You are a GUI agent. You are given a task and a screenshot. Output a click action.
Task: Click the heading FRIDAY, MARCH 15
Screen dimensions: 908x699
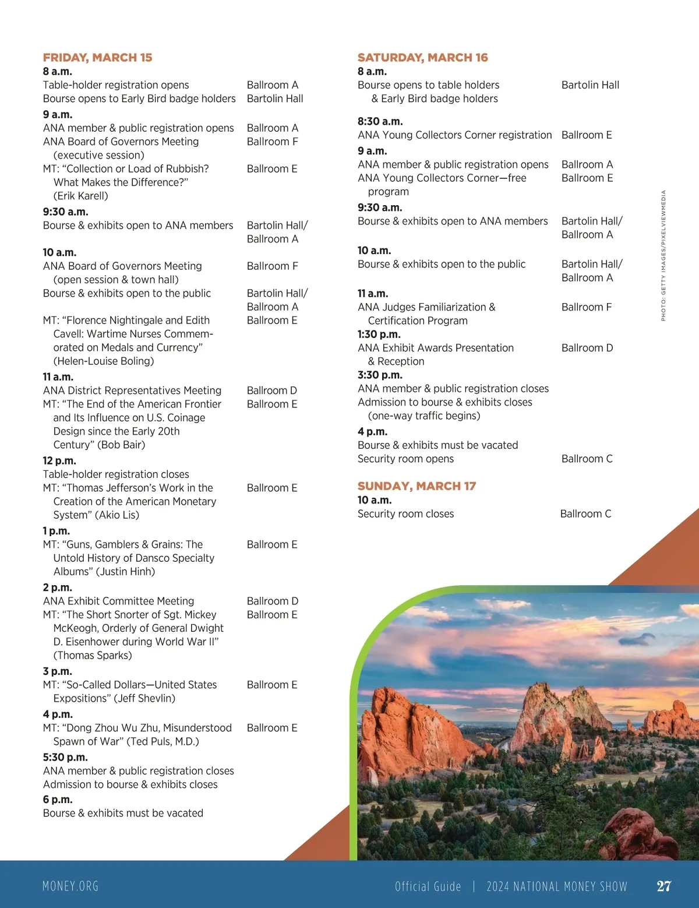pos(97,58)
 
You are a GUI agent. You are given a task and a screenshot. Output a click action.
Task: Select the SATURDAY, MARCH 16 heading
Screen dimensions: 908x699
pos(422,58)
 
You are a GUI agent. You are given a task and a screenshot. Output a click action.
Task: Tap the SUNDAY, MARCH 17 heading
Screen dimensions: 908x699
pos(416,486)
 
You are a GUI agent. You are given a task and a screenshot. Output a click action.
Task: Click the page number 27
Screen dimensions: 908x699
pos(663,886)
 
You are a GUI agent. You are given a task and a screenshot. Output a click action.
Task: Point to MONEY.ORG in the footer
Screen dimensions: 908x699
pos(70,886)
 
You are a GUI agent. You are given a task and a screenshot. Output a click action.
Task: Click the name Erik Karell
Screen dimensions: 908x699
pos(81,196)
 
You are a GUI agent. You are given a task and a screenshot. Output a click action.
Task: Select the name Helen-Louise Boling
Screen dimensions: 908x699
pos(104,361)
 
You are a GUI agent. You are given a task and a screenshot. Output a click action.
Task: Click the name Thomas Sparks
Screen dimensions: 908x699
pos(93,655)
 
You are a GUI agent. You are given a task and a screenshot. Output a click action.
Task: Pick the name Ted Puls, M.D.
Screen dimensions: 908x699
pos(163,741)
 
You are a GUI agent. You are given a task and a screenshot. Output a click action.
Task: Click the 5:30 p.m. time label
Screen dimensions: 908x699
pos(65,757)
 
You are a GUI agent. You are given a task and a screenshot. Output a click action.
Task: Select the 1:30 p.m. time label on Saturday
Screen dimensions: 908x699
pos(379,334)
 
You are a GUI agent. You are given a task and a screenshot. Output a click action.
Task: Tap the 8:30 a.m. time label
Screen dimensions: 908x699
pos(380,121)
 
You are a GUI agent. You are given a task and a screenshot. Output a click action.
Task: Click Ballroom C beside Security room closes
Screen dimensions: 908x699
pos(585,513)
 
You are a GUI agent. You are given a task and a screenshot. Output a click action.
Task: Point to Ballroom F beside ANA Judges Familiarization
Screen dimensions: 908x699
pos(586,307)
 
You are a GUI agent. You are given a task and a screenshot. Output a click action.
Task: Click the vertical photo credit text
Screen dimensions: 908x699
pos(663,255)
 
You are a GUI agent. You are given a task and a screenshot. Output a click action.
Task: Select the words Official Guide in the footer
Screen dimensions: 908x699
pos(428,886)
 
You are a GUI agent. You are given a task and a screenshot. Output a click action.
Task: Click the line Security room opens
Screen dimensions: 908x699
pos(405,459)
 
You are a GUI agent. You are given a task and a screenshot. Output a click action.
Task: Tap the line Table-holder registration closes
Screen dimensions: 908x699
pos(116,474)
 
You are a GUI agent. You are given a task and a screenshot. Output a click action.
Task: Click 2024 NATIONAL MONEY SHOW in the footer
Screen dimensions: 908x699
pos(556,886)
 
